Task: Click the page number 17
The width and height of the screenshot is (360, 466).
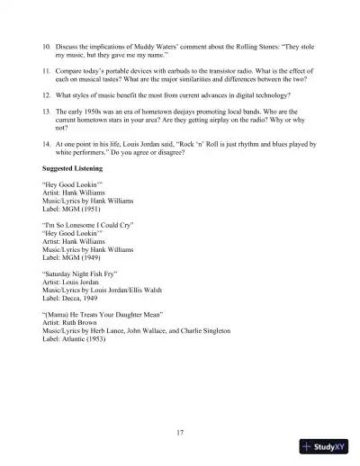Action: click(180, 433)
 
